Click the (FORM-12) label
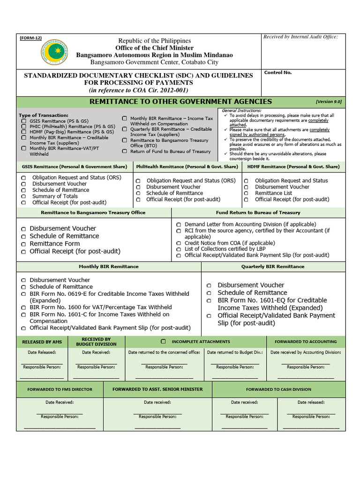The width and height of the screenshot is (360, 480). pos(31,37)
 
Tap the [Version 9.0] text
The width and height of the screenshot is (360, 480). pos(329,101)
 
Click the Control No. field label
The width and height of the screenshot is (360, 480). pos(278,73)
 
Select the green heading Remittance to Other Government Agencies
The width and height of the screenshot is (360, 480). pos(180,102)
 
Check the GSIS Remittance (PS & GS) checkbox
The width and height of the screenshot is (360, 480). pos(23,121)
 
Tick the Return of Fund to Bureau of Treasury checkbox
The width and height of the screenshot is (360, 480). pos(124,151)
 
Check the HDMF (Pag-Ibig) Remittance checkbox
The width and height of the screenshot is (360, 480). pos(23,132)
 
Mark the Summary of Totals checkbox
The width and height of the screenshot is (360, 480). pos(23,196)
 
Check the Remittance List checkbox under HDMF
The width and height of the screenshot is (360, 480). pos(246,193)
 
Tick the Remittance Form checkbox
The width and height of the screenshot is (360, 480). pos(23,244)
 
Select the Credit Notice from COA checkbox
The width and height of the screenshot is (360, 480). pos(179,243)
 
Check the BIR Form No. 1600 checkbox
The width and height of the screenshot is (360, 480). pos(23,307)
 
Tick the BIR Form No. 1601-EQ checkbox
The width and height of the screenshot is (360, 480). pos(209,300)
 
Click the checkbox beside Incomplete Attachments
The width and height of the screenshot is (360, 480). pos(164,342)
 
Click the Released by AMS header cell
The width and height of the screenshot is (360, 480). pos(42,342)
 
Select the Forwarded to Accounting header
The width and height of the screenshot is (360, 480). pos(306,342)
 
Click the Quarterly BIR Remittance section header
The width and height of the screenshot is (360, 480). pos(273,266)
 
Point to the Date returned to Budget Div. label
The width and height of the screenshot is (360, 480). pos(235,352)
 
